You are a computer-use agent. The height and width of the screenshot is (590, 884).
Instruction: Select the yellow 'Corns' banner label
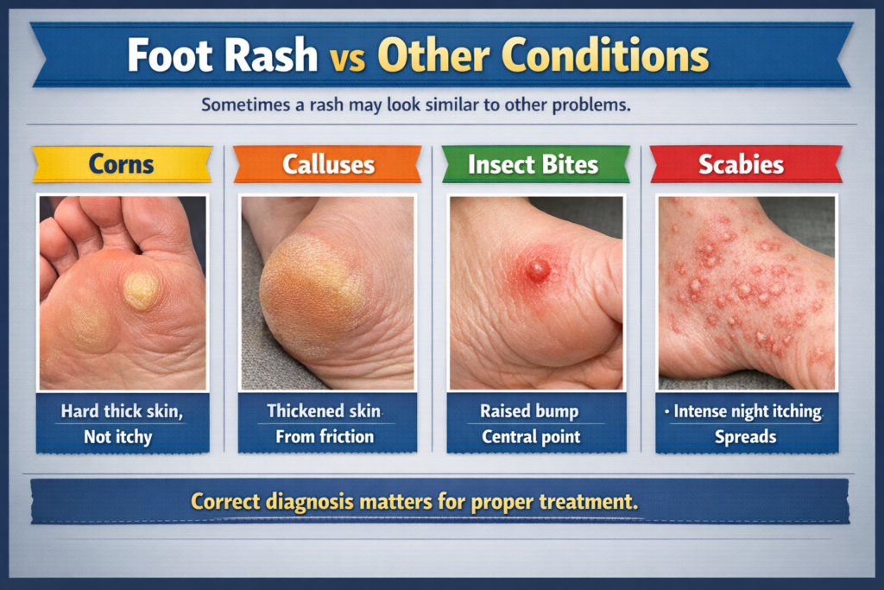[x=121, y=164]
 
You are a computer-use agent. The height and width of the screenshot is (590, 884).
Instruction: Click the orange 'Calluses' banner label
[x=328, y=164]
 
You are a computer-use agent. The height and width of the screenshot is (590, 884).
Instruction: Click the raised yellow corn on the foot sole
[x=141, y=290]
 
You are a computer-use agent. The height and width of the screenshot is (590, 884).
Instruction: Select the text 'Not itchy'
[x=117, y=437]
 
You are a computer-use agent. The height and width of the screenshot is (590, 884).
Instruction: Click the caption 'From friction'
[x=325, y=436]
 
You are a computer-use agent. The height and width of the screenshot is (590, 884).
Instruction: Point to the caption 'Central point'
[x=531, y=436]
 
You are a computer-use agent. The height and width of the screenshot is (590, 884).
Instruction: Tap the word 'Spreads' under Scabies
[x=745, y=437]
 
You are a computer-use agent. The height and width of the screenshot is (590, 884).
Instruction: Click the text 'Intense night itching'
[x=748, y=411]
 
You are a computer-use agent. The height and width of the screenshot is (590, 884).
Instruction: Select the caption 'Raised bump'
[x=529, y=411]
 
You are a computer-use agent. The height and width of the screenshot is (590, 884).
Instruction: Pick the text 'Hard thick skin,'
[x=122, y=411]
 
